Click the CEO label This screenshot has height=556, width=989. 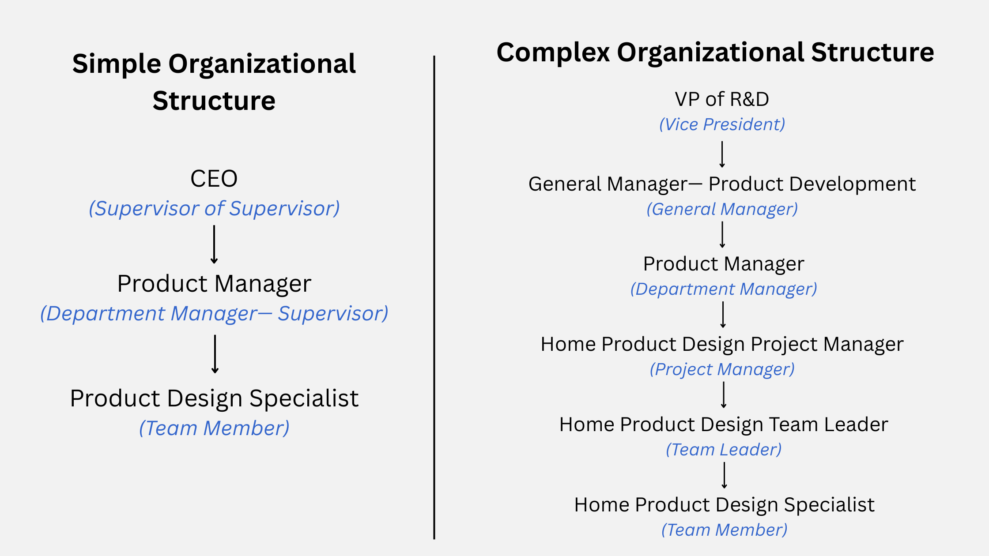click(x=214, y=179)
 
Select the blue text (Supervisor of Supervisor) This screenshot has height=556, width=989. click(x=214, y=208)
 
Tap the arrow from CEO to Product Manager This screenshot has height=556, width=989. click(x=214, y=244)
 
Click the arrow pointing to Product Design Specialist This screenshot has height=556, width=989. click(x=215, y=354)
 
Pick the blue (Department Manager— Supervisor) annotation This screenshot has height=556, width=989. click(x=214, y=313)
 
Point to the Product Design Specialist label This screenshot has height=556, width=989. click(x=214, y=398)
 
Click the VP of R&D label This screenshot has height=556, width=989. click(x=722, y=99)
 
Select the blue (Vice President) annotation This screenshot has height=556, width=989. click(x=722, y=124)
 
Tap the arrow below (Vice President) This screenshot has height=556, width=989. click(x=722, y=154)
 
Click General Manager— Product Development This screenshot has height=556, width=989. click(x=722, y=184)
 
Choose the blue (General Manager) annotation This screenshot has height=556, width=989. click(x=722, y=209)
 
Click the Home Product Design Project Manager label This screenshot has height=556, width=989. click(x=722, y=344)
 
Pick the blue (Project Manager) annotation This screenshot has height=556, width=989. click(x=722, y=369)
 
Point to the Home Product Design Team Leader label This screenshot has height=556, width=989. click(x=724, y=425)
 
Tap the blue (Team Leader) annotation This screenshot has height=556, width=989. click(x=724, y=450)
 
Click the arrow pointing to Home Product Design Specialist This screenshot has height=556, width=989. click(x=725, y=475)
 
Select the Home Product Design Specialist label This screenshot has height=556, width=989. click(x=724, y=505)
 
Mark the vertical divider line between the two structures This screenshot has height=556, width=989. click(x=434, y=297)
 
